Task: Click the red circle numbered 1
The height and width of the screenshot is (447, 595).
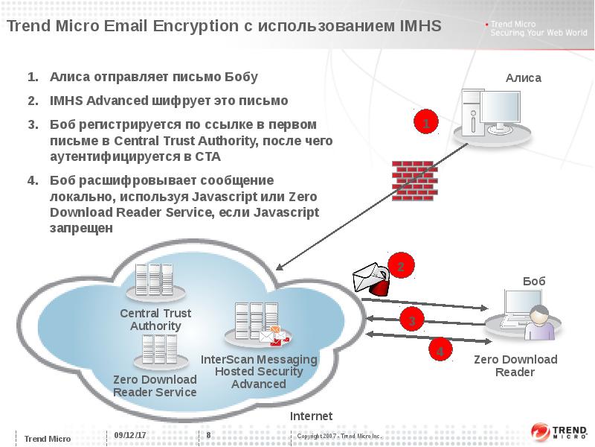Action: [425, 124]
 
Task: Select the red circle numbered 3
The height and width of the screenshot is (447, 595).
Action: [411, 321]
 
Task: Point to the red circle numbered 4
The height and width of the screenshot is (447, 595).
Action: [440, 350]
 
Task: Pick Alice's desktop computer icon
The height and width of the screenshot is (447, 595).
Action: [494, 115]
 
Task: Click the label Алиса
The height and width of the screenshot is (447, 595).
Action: [524, 77]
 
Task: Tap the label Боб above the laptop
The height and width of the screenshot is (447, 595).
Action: [534, 281]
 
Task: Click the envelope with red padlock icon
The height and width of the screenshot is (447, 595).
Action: [371, 280]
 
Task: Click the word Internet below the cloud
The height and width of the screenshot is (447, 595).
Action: [311, 416]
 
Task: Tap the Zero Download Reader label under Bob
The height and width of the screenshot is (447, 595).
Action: [515, 366]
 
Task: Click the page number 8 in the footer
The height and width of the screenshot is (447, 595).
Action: [208, 435]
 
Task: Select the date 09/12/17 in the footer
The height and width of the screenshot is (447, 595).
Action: [129, 435]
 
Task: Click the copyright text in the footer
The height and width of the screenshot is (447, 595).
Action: [339, 436]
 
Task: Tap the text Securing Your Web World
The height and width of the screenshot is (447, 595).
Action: [534, 34]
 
